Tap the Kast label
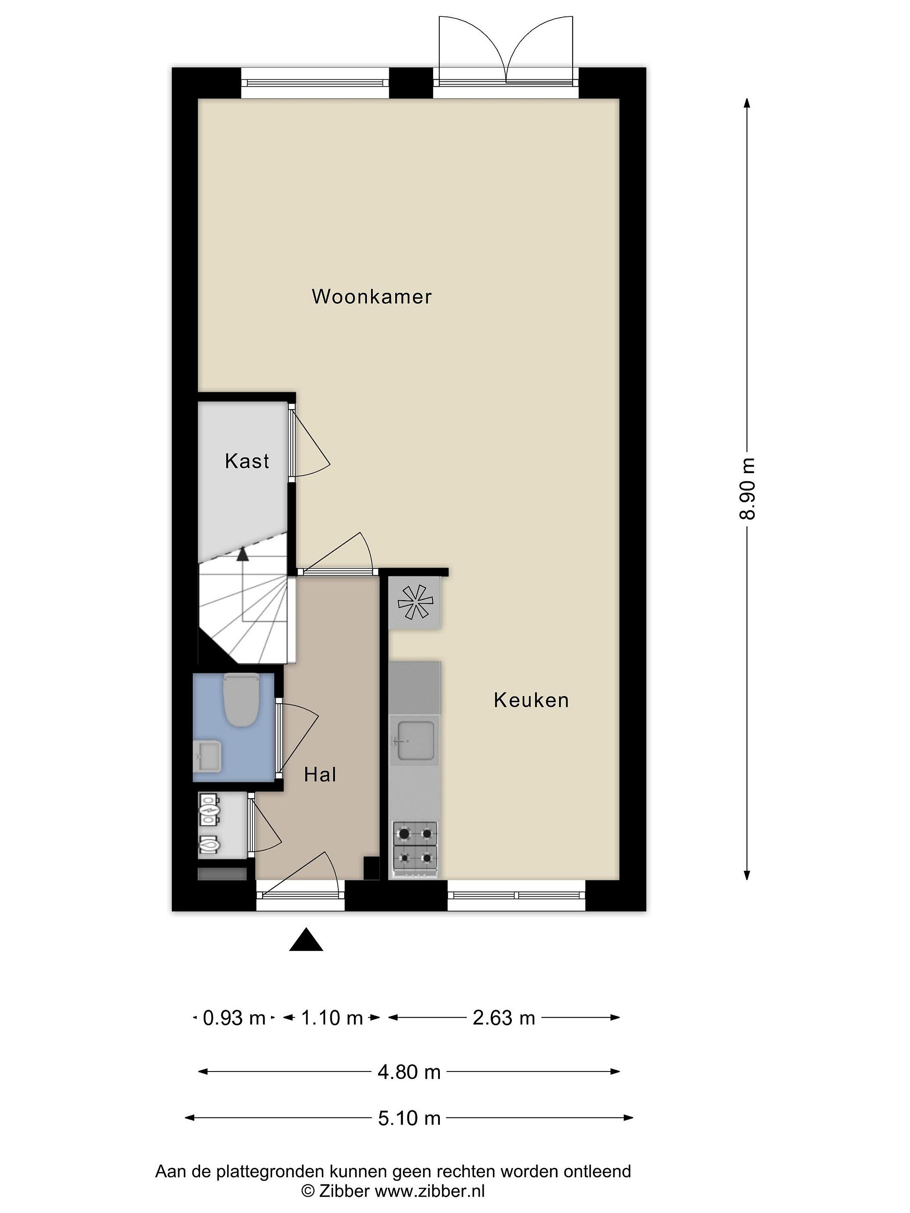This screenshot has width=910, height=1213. click(247, 461)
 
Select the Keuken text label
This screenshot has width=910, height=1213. click(531, 700)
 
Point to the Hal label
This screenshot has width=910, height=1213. click(320, 775)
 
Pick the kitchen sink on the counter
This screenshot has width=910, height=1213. click(415, 741)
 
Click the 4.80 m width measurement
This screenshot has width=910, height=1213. click(409, 1072)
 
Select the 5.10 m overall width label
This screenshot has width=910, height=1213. click(409, 1118)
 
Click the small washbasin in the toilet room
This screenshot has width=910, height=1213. click(207, 755)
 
